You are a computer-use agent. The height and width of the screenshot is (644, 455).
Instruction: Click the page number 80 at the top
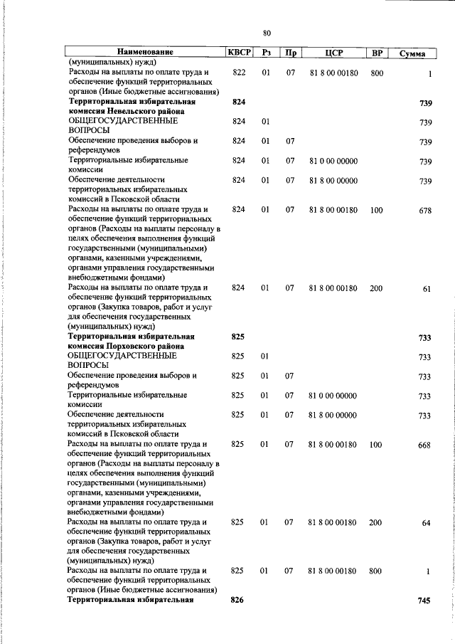[x=267, y=33]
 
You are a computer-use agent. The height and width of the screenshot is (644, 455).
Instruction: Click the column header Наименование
[x=145, y=52]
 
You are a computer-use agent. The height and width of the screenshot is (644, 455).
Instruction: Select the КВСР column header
[x=238, y=52]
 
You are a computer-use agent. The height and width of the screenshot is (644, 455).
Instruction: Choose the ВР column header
[x=377, y=53]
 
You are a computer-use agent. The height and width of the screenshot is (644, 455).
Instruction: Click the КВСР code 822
[x=239, y=73]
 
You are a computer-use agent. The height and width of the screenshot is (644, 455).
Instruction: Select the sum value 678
[x=425, y=211]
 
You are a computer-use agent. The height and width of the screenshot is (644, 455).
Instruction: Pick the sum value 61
[x=427, y=289]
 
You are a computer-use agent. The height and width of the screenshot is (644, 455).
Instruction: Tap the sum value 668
[x=424, y=445]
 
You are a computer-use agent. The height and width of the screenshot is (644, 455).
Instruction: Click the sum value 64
[x=426, y=523]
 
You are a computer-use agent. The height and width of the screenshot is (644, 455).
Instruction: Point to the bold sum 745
[x=424, y=601]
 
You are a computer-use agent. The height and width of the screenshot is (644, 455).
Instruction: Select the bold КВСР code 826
[x=237, y=600]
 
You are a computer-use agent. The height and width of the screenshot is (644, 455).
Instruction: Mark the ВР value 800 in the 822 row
[x=377, y=73]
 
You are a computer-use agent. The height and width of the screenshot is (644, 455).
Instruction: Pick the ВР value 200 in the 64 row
[x=376, y=522]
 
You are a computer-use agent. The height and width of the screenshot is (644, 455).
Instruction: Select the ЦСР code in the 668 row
[x=333, y=444]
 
